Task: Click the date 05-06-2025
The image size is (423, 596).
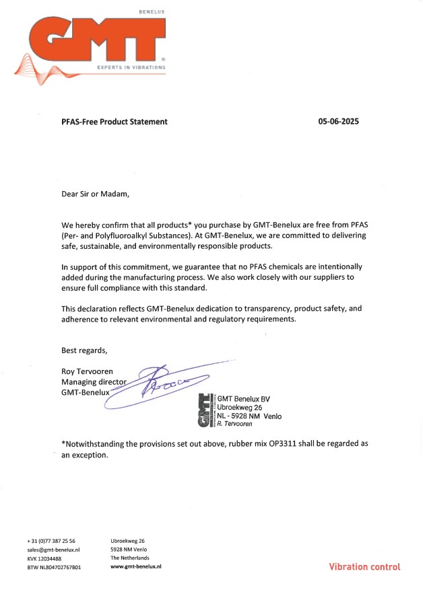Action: tap(339, 122)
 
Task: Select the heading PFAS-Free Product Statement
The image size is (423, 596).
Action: tap(115, 122)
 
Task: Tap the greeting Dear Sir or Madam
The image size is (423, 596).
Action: tap(94, 194)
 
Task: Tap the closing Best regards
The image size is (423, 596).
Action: tap(84, 350)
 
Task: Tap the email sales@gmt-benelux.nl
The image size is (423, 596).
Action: tap(54, 550)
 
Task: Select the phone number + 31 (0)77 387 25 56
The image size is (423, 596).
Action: tap(51, 541)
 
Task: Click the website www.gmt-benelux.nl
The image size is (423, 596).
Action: tap(136, 567)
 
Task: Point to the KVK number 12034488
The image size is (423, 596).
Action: tap(44, 558)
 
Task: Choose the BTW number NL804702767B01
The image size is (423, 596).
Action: tap(54, 567)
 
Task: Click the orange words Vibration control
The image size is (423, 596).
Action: tap(364, 567)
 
